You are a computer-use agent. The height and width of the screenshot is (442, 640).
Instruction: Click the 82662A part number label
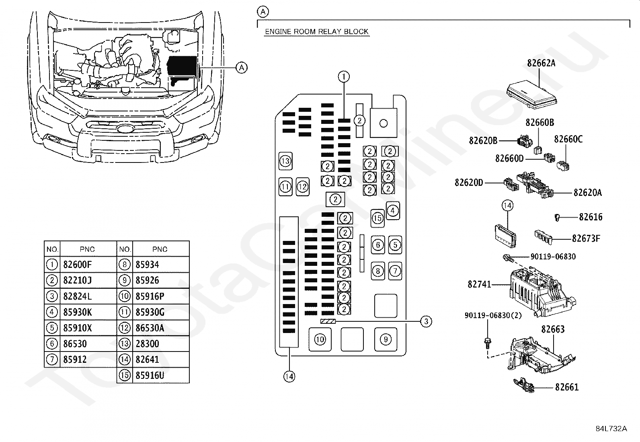[x=541, y=63]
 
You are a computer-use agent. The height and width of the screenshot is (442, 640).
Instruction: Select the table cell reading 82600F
[x=77, y=264]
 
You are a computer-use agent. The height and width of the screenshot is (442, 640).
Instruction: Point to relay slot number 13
[x=285, y=161]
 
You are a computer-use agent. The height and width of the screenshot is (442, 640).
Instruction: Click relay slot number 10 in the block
[x=320, y=339]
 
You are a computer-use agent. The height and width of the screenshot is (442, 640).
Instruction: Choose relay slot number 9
[x=386, y=339]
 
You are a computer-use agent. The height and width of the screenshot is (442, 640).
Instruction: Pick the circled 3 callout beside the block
[x=426, y=321]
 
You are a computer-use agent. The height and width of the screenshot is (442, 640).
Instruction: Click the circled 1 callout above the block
[x=344, y=76]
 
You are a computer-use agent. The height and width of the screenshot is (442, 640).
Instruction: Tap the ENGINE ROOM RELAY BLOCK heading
[x=317, y=31]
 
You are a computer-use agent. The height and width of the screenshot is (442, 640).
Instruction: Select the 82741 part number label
[x=479, y=284]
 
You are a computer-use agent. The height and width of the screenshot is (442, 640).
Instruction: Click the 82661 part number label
[x=566, y=387]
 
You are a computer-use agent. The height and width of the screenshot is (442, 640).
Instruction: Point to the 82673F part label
[x=586, y=238]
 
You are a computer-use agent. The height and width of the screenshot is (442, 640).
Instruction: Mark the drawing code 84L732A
[x=611, y=428]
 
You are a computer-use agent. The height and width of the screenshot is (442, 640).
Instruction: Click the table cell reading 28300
[x=147, y=343]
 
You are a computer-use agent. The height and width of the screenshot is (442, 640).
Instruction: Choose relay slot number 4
[x=393, y=210]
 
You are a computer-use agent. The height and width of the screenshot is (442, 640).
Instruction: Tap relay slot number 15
[x=377, y=218]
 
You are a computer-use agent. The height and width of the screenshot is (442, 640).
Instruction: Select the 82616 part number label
[x=591, y=217]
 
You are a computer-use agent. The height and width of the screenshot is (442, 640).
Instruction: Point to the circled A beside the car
[x=241, y=68]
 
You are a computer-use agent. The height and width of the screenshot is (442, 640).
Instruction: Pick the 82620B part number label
[x=483, y=140]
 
